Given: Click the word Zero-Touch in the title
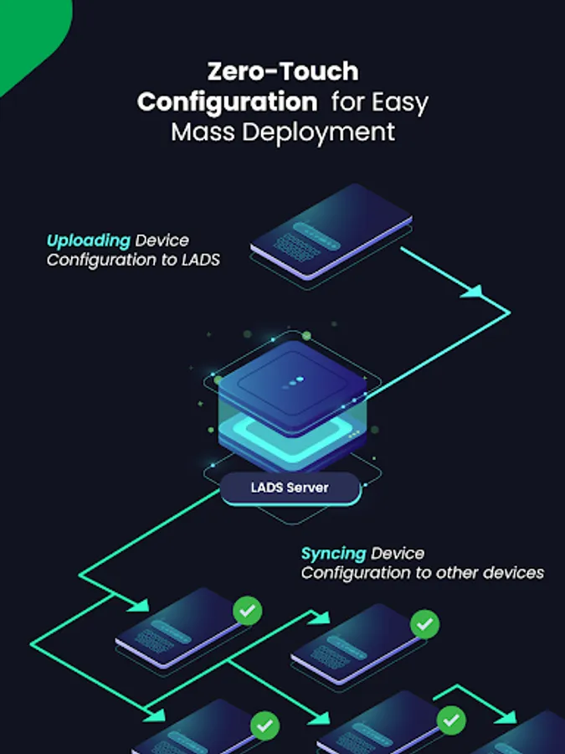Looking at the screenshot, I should click(282, 72).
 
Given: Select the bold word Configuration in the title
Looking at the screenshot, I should click(227, 102).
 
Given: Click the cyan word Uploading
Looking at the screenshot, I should click(89, 241).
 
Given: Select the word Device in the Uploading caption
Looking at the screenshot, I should click(162, 241).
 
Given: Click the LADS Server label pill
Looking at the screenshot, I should click(290, 488).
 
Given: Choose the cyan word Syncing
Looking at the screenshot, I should click(333, 554).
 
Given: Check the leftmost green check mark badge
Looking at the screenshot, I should click(247, 611).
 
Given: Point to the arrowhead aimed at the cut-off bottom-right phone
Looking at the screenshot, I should click(506, 720).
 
